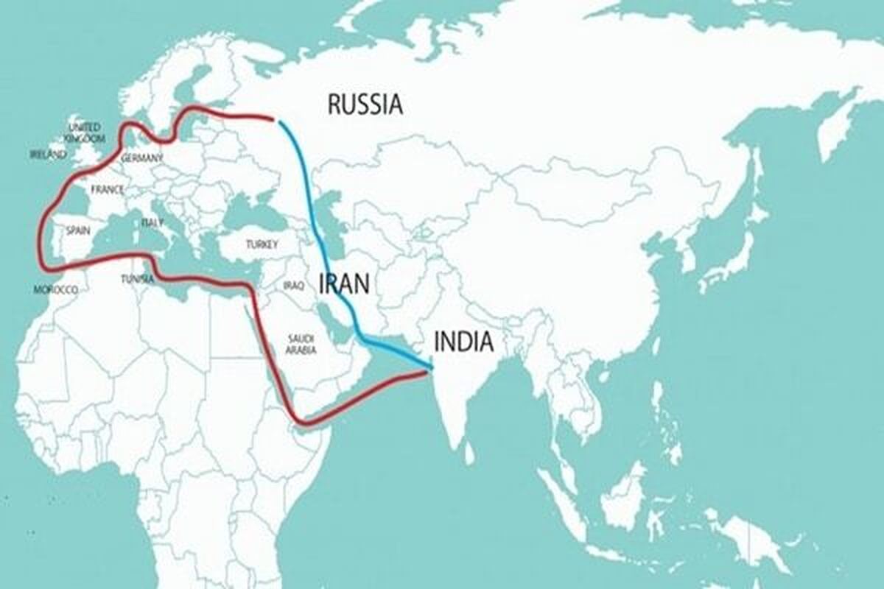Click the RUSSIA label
tap(365, 105)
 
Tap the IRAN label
tap(344, 283)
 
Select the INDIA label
tap(463, 342)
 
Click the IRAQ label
tap(293, 285)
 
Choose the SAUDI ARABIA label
tap(302, 344)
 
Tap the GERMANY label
tap(141, 158)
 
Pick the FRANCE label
tap(107, 190)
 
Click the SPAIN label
tap(77, 230)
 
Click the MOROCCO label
tap(56, 290)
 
